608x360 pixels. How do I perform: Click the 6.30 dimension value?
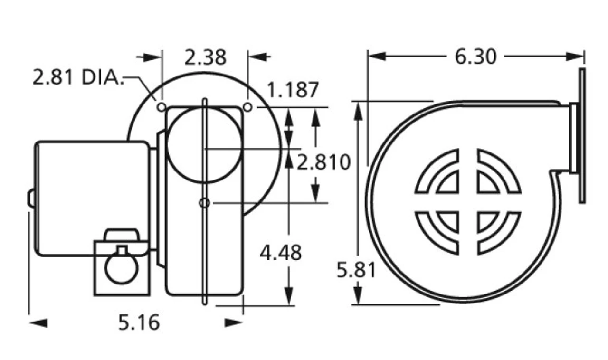coord(475,57)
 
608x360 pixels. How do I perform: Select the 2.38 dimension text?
coord(205,57)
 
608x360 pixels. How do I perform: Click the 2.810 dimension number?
coord(324,162)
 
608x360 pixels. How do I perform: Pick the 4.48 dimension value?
coord(280,253)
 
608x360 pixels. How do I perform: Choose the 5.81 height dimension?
coord(356,270)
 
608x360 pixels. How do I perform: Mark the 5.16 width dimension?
coord(139,323)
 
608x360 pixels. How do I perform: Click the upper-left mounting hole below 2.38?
coord(161,107)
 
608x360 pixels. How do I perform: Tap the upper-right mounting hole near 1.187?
coord(247,107)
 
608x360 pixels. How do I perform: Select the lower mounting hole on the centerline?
coord(204,203)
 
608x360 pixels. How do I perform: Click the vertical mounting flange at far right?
coord(582,135)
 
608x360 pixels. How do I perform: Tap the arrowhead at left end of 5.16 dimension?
coord(39,323)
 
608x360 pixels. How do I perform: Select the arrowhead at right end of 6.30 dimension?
coord(575,57)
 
